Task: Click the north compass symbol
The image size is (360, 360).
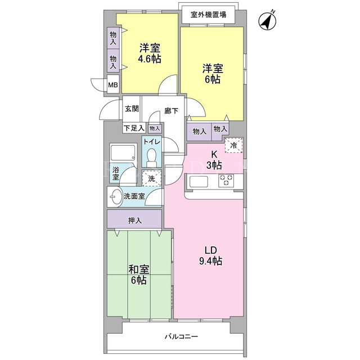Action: tap(267, 21)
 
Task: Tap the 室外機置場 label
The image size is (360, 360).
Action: tap(208, 15)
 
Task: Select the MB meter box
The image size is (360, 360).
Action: tap(113, 84)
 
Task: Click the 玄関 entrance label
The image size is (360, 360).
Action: tap(132, 109)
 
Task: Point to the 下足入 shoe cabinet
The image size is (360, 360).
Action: tap(134, 128)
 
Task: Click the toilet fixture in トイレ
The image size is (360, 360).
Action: tap(151, 157)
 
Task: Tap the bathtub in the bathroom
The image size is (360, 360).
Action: tap(123, 152)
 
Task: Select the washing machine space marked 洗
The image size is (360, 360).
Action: tap(151, 178)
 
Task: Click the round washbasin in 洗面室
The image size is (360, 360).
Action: tap(116, 197)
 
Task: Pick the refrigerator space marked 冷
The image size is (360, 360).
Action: tap(233, 145)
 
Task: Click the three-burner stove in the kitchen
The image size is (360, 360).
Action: tap(226, 180)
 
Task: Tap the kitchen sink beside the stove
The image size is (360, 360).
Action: tap(199, 181)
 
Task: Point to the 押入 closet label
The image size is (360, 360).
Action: tap(135, 220)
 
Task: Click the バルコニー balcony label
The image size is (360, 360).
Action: tap(181, 336)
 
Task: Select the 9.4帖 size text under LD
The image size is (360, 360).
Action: tap(210, 261)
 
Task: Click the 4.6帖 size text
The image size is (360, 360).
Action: tap(150, 58)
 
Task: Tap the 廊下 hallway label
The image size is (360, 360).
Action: tap(171, 111)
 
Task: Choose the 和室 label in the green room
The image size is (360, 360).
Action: tap(139, 269)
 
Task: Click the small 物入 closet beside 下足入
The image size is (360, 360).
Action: tap(155, 129)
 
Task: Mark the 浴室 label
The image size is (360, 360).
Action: tap(116, 173)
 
